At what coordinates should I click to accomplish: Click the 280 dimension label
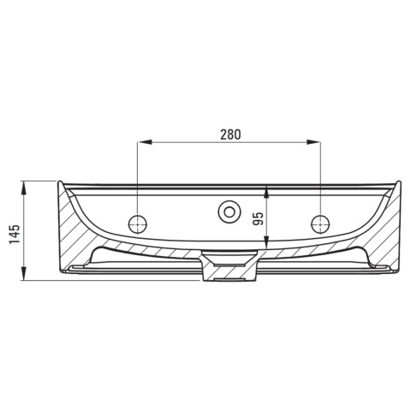pyautogui.click(x=230, y=134)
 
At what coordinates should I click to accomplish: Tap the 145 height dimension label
pyautogui.click(x=15, y=234)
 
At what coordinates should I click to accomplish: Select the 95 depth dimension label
pyautogui.click(x=258, y=218)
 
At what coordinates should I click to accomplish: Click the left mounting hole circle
pyautogui.click(x=138, y=224)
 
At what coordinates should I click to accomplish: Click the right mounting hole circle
pyautogui.click(x=320, y=224)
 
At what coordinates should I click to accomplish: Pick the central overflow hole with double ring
pyautogui.click(x=229, y=212)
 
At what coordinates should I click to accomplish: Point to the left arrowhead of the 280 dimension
pyautogui.click(x=145, y=141)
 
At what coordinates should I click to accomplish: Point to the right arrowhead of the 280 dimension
pyautogui.click(x=313, y=141)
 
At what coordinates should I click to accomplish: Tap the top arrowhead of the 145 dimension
pyautogui.click(x=24, y=188)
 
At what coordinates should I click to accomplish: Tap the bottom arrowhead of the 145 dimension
pyautogui.click(x=24, y=274)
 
